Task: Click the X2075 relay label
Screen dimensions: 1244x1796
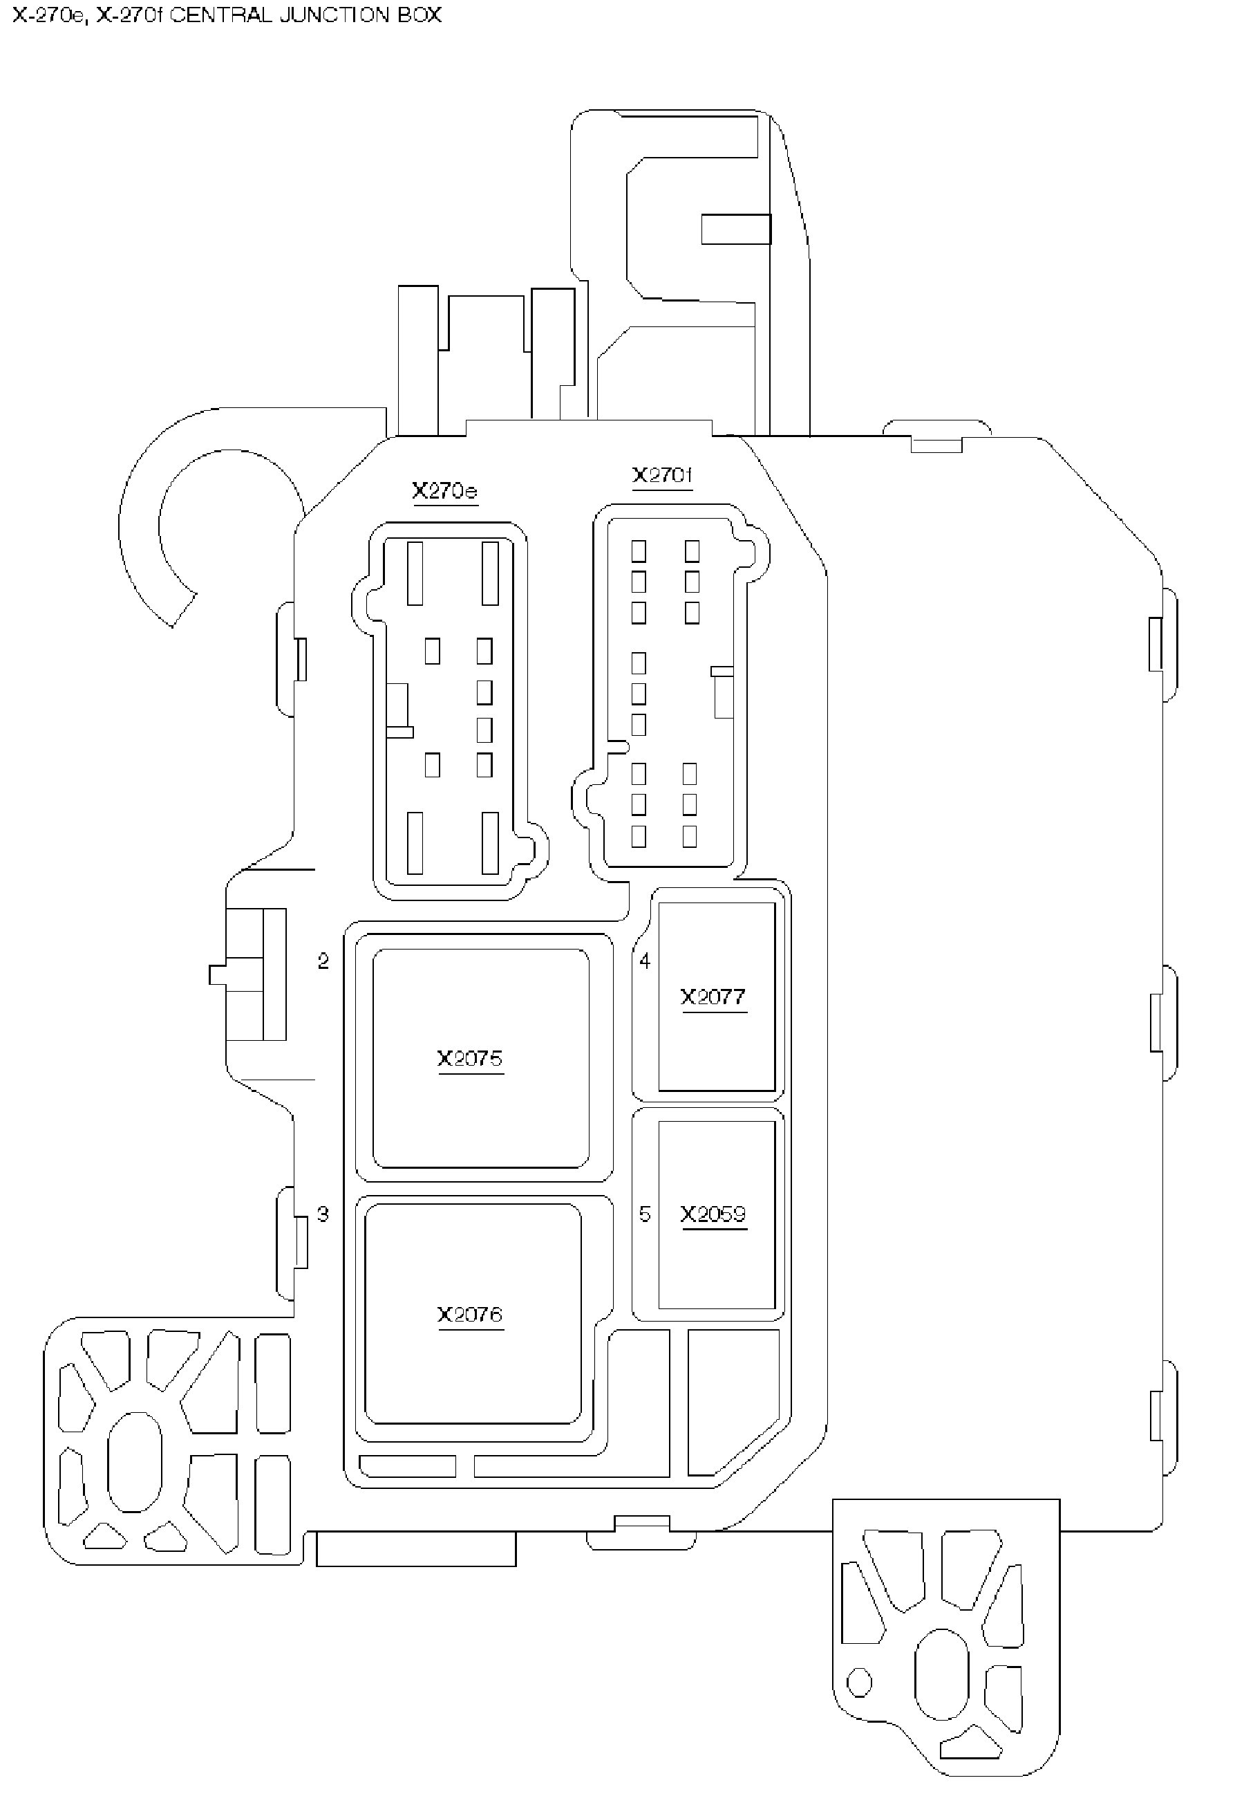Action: pyautogui.click(x=470, y=1058)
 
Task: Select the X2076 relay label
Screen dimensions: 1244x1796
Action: pyautogui.click(x=470, y=1314)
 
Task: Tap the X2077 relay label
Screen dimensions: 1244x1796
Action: pyautogui.click(x=713, y=997)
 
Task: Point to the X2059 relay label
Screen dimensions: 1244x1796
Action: pyautogui.click(x=713, y=1214)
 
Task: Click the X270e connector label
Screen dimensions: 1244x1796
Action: pyautogui.click(x=444, y=490)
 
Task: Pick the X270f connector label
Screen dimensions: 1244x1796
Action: pyautogui.click(x=662, y=475)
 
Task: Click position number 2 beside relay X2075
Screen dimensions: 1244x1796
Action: pyautogui.click(x=323, y=961)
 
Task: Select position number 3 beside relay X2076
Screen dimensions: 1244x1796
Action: pyautogui.click(x=323, y=1214)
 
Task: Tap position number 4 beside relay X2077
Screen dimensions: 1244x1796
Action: pyautogui.click(x=645, y=961)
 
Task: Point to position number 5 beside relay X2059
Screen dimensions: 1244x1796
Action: pyautogui.click(x=645, y=1214)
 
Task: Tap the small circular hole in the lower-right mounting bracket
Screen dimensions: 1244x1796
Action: pyautogui.click(x=859, y=1682)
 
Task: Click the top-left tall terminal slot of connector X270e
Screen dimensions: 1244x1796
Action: pyautogui.click(x=415, y=573)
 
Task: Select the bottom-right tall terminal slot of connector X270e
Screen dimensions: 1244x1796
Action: pyautogui.click(x=490, y=843)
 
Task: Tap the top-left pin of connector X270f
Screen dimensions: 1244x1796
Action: pyautogui.click(x=639, y=551)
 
